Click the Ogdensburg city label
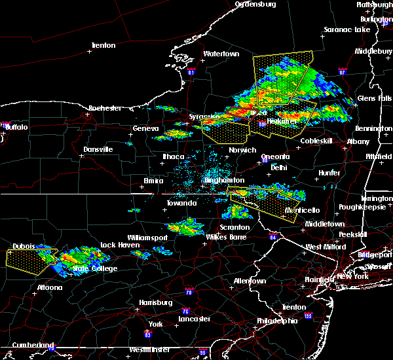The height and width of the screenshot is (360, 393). pyautogui.click(x=255, y=4)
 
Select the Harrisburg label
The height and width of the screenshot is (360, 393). pyautogui.click(x=155, y=302)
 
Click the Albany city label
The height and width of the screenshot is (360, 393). pyautogui.click(x=358, y=141)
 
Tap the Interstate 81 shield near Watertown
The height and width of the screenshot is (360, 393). pyautogui.click(x=191, y=73)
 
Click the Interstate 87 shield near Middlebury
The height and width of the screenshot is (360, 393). pyautogui.click(x=342, y=71)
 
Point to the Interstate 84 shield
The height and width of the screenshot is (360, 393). pyautogui.click(x=272, y=236)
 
